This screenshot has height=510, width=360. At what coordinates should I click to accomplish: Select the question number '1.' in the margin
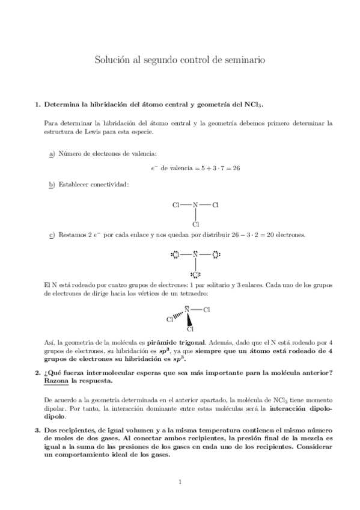(38, 104)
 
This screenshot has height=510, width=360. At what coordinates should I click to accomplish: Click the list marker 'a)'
(51, 154)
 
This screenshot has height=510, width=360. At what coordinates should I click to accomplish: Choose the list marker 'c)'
(51, 235)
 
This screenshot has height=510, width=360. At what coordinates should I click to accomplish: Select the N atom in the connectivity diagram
(195, 205)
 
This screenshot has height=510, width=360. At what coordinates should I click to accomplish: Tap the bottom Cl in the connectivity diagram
(195, 224)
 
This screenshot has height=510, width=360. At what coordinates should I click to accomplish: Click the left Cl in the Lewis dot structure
(175, 255)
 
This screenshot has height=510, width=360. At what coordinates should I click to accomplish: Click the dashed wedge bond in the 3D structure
(179, 316)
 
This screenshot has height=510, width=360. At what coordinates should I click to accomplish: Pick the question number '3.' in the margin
(38, 430)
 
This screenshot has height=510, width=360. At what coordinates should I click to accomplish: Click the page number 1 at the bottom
(180, 481)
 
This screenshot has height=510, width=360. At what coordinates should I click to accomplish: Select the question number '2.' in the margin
(38, 373)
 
